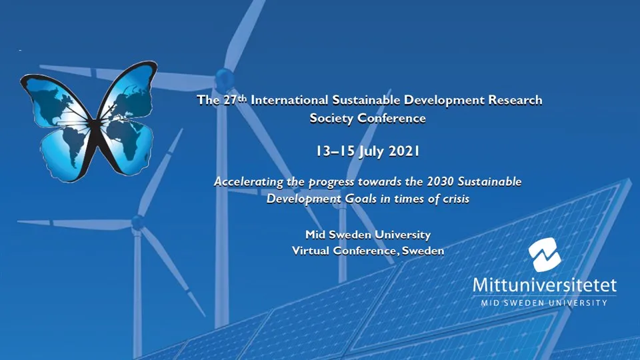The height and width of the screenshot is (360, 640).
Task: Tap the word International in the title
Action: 287,101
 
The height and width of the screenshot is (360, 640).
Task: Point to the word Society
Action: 332,119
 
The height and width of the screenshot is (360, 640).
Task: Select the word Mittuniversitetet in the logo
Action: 545,285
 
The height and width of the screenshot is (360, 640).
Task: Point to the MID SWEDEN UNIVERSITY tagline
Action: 545,303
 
